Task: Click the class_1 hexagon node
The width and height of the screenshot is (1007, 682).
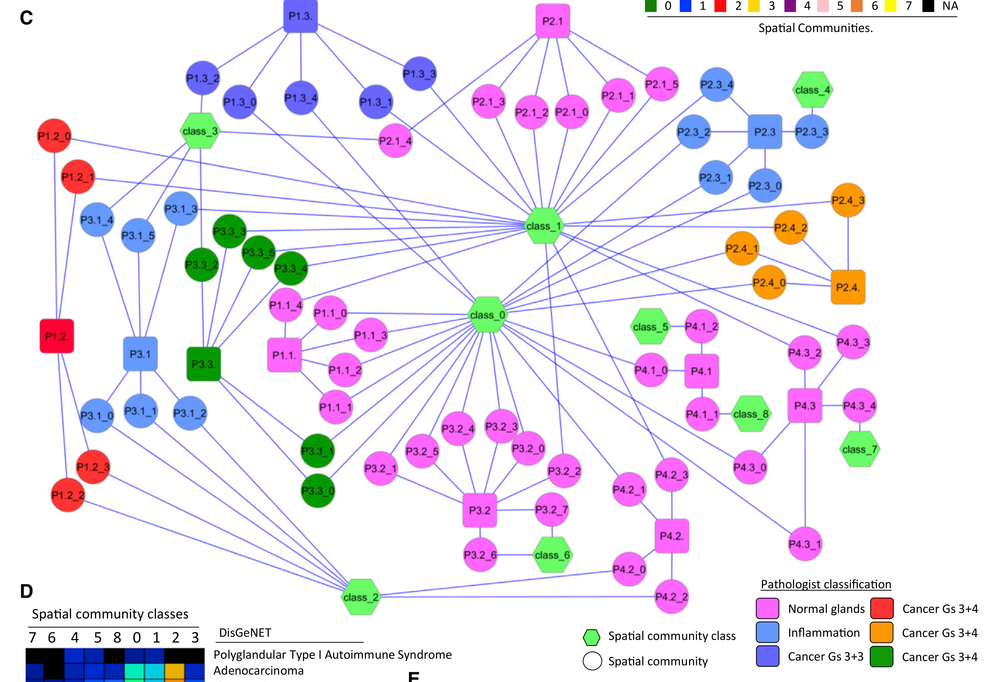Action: tap(544, 226)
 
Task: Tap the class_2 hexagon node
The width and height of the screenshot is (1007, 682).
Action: tap(360, 597)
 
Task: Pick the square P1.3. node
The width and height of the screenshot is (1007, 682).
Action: tap(301, 16)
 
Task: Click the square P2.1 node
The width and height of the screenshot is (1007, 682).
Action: tap(552, 21)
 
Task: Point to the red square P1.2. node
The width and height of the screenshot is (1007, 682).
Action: tap(57, 336)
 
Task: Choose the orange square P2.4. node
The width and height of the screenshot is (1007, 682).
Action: tap(848, 287)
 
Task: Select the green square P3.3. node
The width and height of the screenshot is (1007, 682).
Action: tap(203, 364)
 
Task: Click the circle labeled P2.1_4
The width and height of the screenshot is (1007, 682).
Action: tap(395, 141)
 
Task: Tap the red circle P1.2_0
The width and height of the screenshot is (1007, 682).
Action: tap(54, 136)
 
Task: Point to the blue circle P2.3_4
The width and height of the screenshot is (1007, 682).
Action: tap(716, 84)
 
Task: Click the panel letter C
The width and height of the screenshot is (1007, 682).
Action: tap(26, 18)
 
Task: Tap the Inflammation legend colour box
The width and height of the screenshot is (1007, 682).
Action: tap(767, 633)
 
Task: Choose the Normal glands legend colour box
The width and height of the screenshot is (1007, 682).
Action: tap(767, 608)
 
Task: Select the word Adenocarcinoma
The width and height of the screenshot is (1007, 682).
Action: tap(259, 671)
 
